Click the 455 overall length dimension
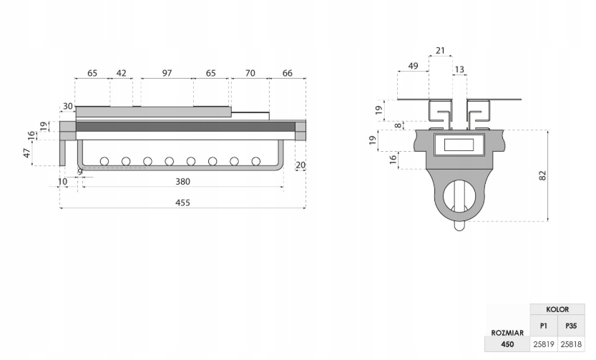click(182, 203)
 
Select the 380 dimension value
click(182, 182)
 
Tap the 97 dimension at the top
click(167, 73)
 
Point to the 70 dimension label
click(250, 73)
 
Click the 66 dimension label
click(288, 73)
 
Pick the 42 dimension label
click(121, 73)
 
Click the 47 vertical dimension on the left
click(26, 153)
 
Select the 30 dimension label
click(68, 106)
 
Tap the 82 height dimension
click(542, 175)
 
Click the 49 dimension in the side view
click(413, 66)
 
